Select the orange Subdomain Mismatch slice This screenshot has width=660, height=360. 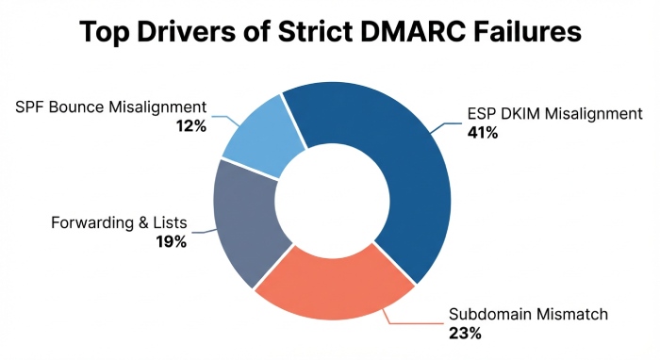click(x=330, y=283)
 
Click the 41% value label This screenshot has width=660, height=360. click(x=483, y=133)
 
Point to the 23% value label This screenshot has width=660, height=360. click(x=466, y=333)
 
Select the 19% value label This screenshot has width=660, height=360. click(x=171, y=241)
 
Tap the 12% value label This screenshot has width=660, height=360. click(x=190, y=124)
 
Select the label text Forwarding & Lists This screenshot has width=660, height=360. click(x=119, y=223)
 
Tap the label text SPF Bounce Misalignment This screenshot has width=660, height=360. click(x=110, y=106)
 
